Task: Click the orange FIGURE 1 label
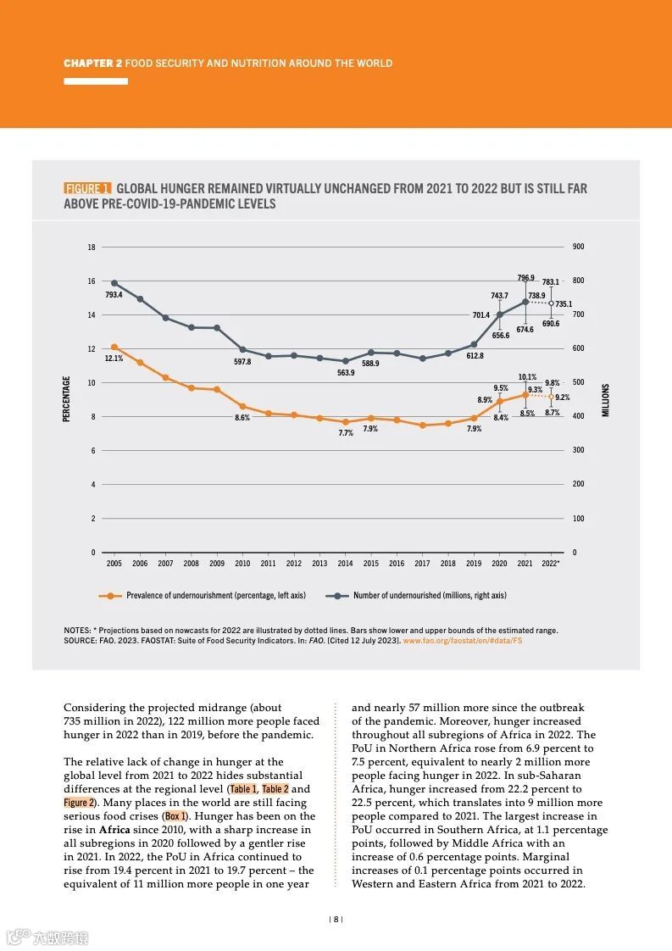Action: (87, 188)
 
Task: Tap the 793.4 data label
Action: (114, 295)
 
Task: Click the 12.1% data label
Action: (114, 359)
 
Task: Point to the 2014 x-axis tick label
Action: (345, 564)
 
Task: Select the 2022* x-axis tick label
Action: (551, 564)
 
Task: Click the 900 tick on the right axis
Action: (579, 247)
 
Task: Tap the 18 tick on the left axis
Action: (92, 247)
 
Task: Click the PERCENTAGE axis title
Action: (67, 399)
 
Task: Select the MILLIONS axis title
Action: (606, 399)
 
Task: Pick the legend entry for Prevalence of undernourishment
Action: (215, 596)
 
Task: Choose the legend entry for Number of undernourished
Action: (430, 596)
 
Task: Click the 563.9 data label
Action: (346, 373)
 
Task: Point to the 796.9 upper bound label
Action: (525, 278)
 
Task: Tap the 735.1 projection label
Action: (564, 303)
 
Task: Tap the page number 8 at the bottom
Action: (336, 919)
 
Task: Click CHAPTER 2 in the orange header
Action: (93, 64)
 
